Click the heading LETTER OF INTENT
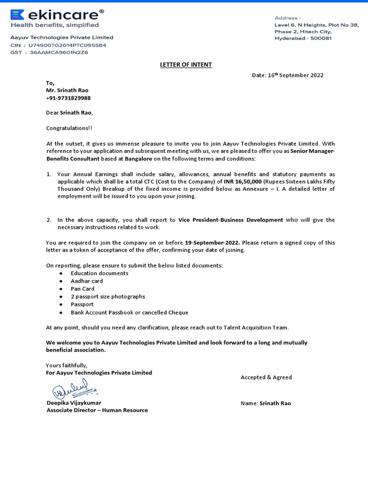pyautogui.click(x=185, y=65)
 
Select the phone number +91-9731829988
pyautogui.click(x=68, y=98)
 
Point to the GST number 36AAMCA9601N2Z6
pyautogui.click(x=59, y=52)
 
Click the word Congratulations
pyautogui.click(x=69, y=128)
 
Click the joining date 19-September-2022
pyautogui.click(x=212, y=243)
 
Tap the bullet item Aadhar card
pyautogui.click(x=87, y=281)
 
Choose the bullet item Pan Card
pyautogui.click(x=82, y=289)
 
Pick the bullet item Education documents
pyautogui.click(x=99, y=273)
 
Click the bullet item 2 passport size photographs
pyautogui.click(x=107, y=296)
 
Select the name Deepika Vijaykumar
pyautogui.click(x=74, y=403)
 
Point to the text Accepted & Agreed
pyautogui.click(x=266, y=377)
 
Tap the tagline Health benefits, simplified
pyautogui.click(x=55, y=25)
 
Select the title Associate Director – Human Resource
pyautogui.click(x=97, y=410)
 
